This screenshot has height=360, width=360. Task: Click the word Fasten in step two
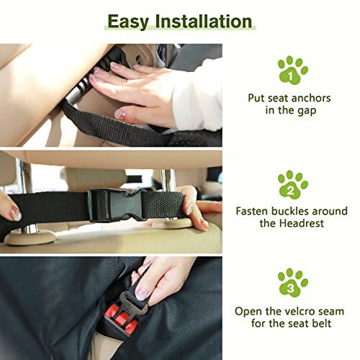point(254,212)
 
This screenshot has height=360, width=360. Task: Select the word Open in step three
point(249,311)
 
